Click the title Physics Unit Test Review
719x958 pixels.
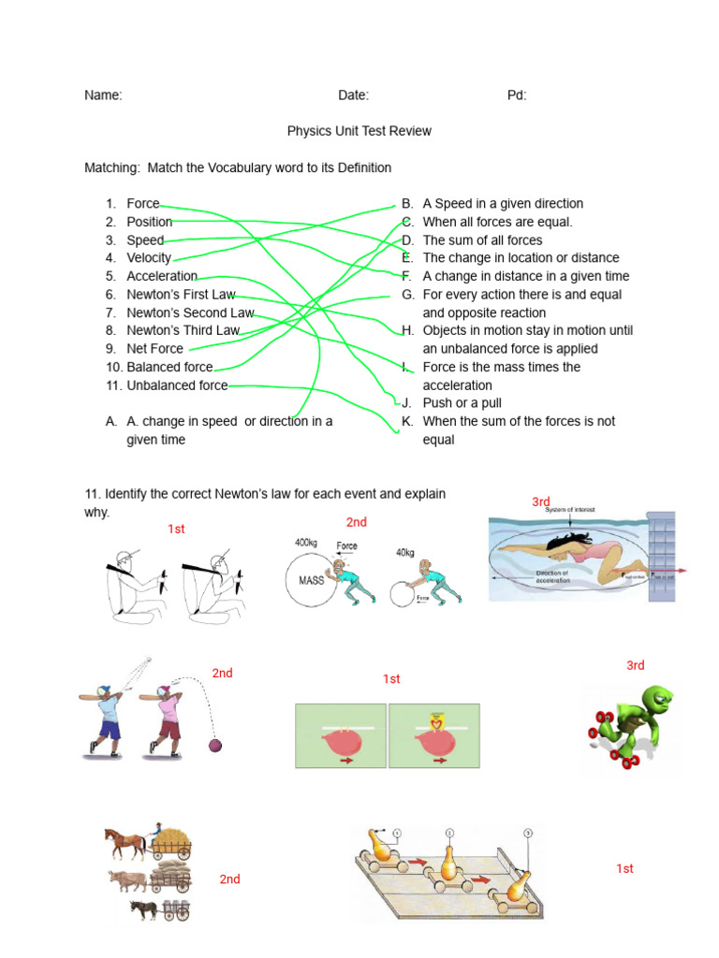point(359,131)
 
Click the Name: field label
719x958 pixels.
point(103,95)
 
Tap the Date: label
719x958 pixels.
point(353,95)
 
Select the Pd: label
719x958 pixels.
point(517,95)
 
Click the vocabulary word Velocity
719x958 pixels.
point(149,258)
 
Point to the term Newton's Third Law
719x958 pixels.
point(183,330)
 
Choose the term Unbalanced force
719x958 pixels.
point(177,385)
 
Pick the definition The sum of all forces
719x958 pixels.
point(482,240)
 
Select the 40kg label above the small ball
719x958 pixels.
point(404,553)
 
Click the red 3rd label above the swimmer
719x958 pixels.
point(541,502)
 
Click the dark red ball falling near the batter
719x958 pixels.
point(215,746)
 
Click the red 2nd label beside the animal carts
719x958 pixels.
point(229,879)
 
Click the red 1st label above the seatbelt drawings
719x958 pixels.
point(176,530)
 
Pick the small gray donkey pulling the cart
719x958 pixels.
point(144,907)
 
